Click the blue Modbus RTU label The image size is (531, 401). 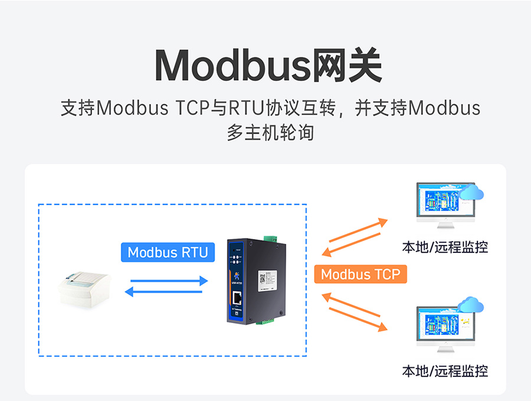168,252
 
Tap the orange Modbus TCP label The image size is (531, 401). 360,274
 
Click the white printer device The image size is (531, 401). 85,290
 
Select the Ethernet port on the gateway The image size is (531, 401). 239,298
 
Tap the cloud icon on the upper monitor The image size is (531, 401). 471,193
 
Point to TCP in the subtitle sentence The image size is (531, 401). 192,109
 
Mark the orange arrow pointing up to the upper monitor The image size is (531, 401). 357,230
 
